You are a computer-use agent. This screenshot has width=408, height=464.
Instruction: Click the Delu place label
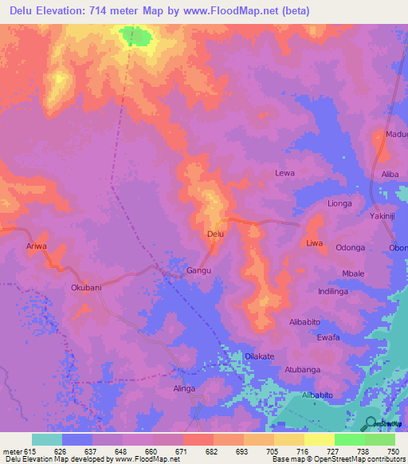[215, 234]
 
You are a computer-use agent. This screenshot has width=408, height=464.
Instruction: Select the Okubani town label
[86, 287]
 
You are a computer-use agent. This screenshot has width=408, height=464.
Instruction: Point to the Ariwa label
[37, 246]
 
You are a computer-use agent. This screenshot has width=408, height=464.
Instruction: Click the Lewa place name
[284, 173]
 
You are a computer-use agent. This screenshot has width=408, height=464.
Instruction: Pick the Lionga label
[339, 203]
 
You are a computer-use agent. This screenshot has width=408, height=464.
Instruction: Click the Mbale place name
[353, 273]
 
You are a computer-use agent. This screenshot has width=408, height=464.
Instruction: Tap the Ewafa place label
[328, 337]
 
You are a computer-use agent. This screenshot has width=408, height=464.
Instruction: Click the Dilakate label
[259, 356]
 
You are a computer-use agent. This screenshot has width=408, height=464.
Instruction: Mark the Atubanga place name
[302, 370]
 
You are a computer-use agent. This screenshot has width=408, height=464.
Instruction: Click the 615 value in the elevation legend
[31, 451]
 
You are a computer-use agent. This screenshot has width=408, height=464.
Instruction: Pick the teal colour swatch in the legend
[46, 439]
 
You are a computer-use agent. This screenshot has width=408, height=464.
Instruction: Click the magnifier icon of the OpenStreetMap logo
[371, 423]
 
